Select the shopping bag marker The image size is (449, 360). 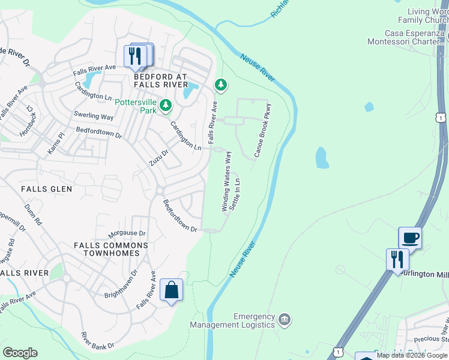click(x=171, y=290)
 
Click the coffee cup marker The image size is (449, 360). click(x=410, y=238)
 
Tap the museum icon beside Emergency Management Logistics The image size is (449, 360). click(x=285, y=320)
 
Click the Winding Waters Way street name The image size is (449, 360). click(x=227, y=181)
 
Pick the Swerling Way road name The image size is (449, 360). click(x=94, y=116)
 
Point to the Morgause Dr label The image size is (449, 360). click(x=127, y=233)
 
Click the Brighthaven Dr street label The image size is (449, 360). click(x=121, y=280)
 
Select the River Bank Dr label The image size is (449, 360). click(x=97, y=340)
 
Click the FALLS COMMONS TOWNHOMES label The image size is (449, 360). click(x=107, y=249)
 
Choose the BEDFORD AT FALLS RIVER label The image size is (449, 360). click(x=160, y=82)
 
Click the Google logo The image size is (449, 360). click(x=20, y=353)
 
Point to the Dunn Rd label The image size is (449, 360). click(x=33, y=214)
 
